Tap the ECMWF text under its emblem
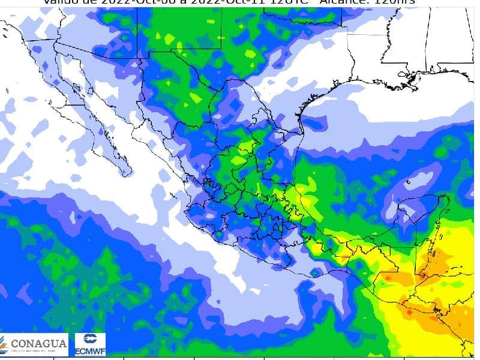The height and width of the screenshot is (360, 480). (x=91, y=352)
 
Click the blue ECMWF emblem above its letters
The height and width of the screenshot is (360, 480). (x=91, y=340)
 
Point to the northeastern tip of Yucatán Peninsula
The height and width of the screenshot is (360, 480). (x=447, y=198)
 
